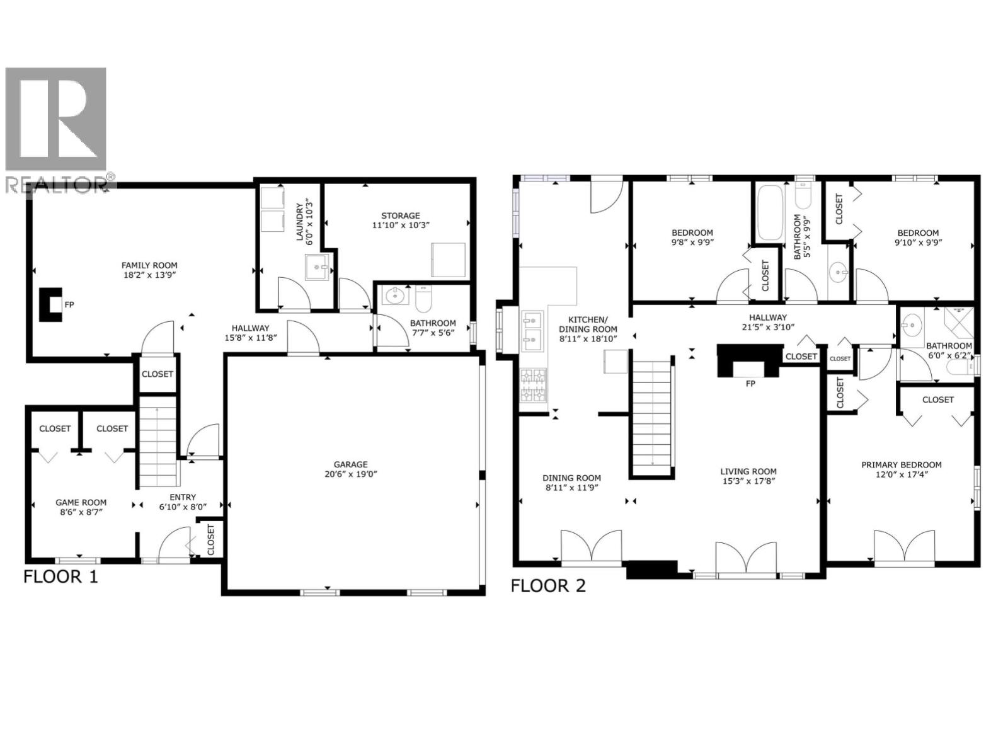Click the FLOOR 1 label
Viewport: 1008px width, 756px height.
[x=60, y=576]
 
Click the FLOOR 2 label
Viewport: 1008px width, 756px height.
[x=547, y=586]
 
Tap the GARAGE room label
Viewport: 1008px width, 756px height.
[x=350, y=464]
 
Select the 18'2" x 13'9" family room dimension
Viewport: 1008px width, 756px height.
[x=149, y=275]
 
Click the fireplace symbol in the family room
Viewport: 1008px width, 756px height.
[x=51, y=304]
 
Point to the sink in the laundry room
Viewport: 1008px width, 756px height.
[x=317, y=267]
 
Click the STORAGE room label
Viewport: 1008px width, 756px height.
[x=400, y=215]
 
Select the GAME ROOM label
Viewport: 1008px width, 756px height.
[x=81, y=502]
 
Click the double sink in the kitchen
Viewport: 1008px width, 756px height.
[x=533, y=331]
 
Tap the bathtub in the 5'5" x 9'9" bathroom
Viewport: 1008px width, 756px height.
[x=769, y=212]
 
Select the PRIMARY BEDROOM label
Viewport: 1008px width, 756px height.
[x=901, y=465]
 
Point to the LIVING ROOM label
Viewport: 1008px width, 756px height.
[x=748, y=471]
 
